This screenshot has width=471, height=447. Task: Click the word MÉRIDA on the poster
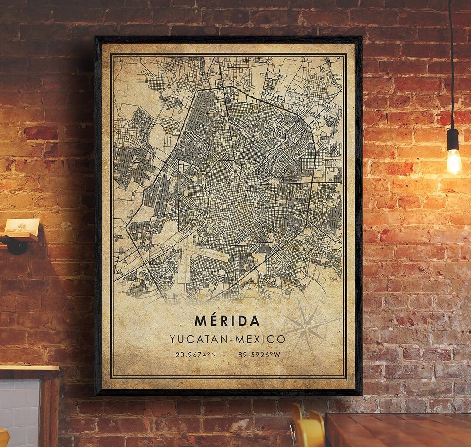tap(227, 321)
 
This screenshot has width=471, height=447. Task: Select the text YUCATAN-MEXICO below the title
tap(227, 339)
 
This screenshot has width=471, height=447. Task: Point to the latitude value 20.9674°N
tap(195, 355)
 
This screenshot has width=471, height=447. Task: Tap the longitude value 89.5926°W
tap(259, 355)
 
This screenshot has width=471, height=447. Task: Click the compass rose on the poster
tap(308, 325)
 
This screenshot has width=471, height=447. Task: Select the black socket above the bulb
tap(453, 139)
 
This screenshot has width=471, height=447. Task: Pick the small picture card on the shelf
tap(22, 226)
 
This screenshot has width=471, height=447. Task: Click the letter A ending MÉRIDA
tap(255, 321)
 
